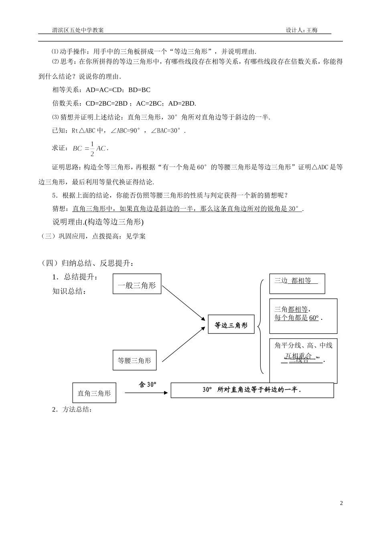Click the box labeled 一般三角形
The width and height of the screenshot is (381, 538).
[x=137, y=284]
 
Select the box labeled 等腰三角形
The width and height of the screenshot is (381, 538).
[x=134, y=360]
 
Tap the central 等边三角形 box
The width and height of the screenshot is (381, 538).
[x=231, y=325]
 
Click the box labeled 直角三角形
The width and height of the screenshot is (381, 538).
[x=94, y=393]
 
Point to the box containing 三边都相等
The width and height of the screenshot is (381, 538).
[x=297, y=283]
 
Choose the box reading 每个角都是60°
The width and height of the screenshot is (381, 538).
[x=303, y=315]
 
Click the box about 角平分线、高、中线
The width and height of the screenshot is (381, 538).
[x=303, y=360]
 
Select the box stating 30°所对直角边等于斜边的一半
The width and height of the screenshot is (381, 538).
[x=252, y=390]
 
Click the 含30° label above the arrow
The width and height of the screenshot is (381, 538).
[x=148, y=384]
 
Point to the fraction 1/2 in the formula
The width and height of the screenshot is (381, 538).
[x=92, y=149]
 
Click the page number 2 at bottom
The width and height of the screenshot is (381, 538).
[x=341, y=503]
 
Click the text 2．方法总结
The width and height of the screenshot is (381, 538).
[x=72, y=410]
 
